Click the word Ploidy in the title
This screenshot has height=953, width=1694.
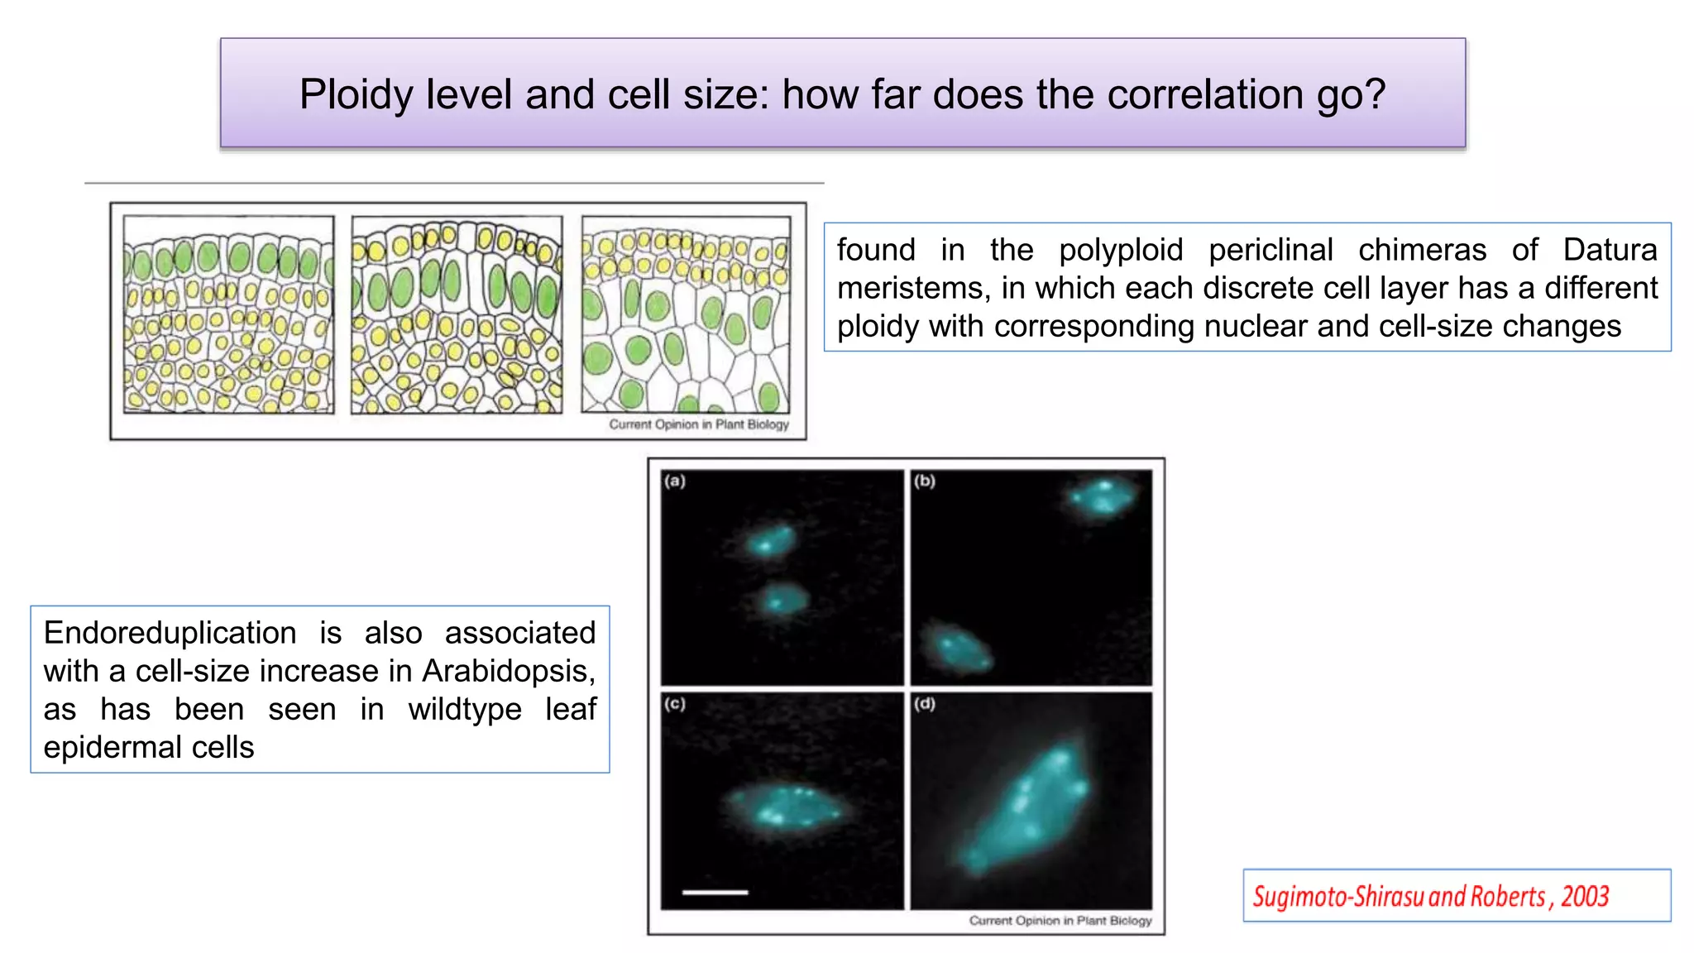click(356, 94)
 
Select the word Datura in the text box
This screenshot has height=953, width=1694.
click(1610, 250)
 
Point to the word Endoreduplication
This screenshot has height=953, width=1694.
click(170, 633)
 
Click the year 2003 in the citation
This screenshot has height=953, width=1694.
click(1585, 896)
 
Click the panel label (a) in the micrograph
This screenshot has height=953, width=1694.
click(675, 481)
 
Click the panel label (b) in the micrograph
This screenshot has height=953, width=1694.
click(925, 481)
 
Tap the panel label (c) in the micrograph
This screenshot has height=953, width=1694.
click(675, 704)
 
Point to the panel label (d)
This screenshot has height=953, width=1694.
click(925, 704)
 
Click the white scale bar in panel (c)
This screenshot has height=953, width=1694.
click(715, 892)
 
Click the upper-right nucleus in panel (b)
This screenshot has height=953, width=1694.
click(1101, 496)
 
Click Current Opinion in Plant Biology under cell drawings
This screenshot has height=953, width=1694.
click(699, 424)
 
